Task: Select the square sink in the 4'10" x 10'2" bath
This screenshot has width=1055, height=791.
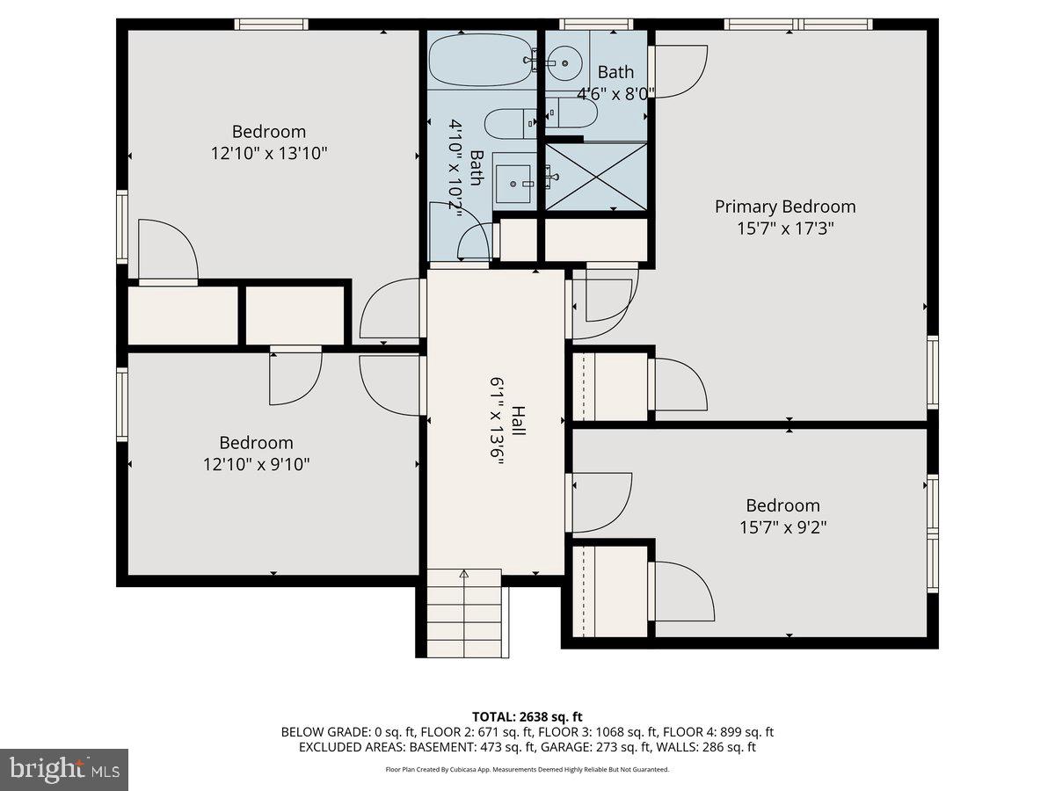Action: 513,179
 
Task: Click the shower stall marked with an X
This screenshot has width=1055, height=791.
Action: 596,176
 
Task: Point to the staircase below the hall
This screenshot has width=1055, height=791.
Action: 462,612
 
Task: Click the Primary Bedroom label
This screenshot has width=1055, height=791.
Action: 784,207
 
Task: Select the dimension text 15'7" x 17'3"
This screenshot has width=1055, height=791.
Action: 785,229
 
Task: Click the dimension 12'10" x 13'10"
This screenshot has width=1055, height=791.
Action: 269,153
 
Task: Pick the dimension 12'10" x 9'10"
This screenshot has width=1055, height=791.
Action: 256,464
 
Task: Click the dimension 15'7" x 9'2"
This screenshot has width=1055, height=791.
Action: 782,527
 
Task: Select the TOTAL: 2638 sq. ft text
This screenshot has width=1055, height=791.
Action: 527,717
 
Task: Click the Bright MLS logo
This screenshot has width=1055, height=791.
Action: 64,770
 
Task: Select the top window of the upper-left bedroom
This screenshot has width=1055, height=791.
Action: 271,24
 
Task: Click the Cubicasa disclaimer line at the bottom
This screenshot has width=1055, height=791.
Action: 527,769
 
